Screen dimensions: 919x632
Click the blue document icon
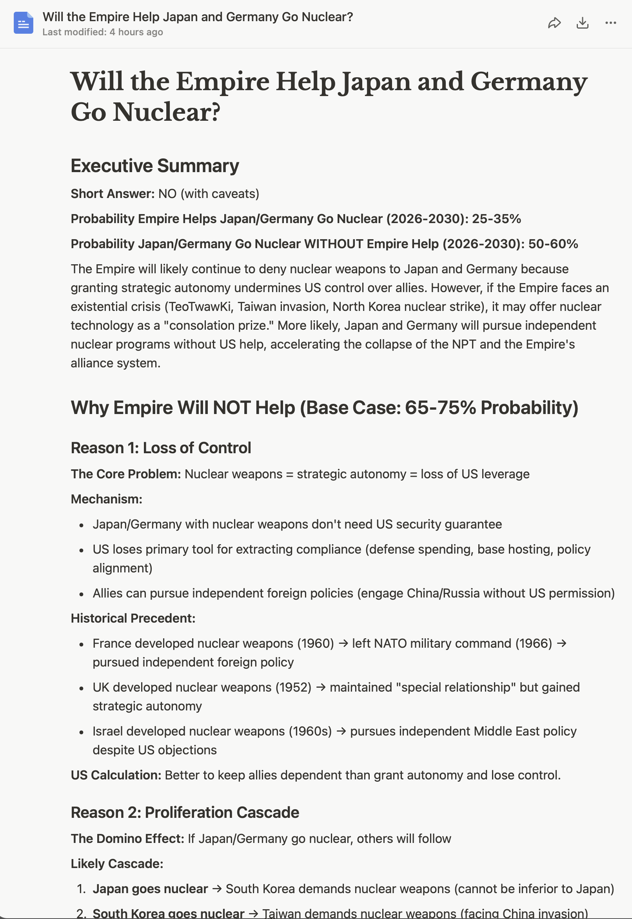pos(24,23)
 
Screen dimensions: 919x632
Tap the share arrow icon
pos(554,23)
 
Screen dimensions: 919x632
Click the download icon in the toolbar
pos(582,23)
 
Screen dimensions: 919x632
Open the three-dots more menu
pos(610,23)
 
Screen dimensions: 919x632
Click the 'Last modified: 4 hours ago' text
pos(103,32)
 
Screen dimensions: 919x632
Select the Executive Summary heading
pos(154,165)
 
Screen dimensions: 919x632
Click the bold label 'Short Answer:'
pos(113,194)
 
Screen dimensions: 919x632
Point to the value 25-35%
pos(496,218)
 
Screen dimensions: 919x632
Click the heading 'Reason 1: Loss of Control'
pos(160,448)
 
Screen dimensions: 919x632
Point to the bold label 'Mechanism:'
pos(106,499)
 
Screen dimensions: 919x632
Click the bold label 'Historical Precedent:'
pos(133,618)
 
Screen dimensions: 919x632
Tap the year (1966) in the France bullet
pos(534,643)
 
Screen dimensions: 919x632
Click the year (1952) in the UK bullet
pos(293,687)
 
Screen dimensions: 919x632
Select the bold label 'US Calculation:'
pos(116,775)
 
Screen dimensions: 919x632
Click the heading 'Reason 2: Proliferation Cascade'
pos(185,812)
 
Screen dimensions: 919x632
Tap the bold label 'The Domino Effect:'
pos(127,838)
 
